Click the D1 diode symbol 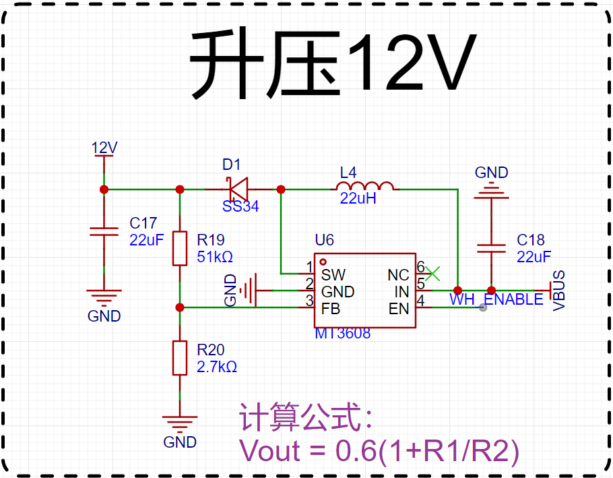[x=238, y=189]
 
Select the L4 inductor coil [x=364, y=186]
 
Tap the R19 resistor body [x=180, y=248]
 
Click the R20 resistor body [x=180, y=358]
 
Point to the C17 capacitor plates [x=104, y=231]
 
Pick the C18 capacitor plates [x=492, y=248]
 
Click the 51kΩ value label [x=215, y=257]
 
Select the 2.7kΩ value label [x=217, y=367]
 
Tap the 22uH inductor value [x=358, y=199]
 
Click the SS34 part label [x=240, y=206]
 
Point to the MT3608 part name [x=342, y=333]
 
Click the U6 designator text [x=325, y=240]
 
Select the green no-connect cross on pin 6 [x=432, y=274]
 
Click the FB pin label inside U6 [x=331, y=309]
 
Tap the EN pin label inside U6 [x=399, y=309]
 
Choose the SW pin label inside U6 [x=333, y=275]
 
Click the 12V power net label [x=104, y=148]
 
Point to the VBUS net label [x=559, y=291]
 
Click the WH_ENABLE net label [x=496, y=299]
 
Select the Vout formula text [x=379, y=450]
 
